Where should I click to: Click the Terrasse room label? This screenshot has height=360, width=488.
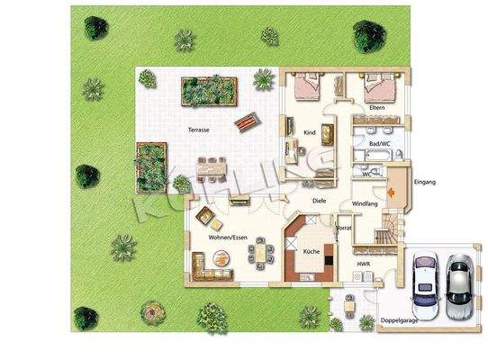pos(199,130)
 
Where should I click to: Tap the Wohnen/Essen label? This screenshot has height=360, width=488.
pos(228,237)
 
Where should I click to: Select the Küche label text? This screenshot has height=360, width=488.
pos(311,251)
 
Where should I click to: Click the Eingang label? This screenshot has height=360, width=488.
pos(424,183)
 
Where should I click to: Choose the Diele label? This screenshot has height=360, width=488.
pos(318,201)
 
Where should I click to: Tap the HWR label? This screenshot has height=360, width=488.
pos(363,264)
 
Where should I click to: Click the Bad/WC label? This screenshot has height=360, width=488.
pos(379,143)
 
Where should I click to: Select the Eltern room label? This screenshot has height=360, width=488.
pos(376,108)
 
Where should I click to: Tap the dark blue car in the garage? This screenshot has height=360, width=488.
pos(423,282)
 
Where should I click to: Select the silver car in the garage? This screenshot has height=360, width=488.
pos(458,282)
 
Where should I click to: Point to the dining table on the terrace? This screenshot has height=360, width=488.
pos(212,167)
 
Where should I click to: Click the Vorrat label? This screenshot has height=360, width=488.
pos(343,229)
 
